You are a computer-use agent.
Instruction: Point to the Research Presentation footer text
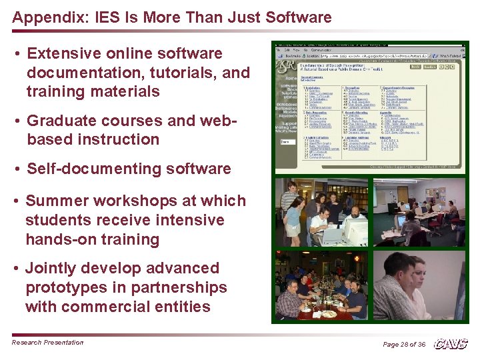pyautogui.click(x=47, y=343)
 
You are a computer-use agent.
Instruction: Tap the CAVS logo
pyautogui.click(x=451, y=343)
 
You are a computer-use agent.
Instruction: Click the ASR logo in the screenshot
pyautogui.click(x=287, y=66)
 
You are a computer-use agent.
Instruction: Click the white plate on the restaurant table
pyautogui.click(x=329, y=313)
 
